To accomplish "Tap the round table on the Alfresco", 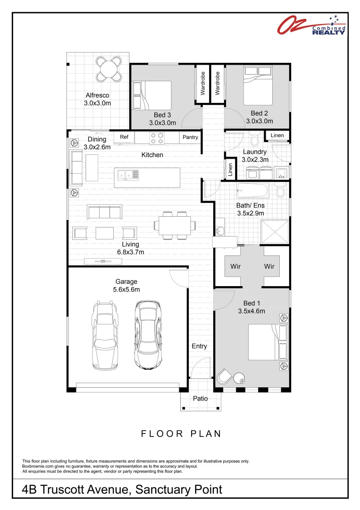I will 109,70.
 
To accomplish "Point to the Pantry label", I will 190,137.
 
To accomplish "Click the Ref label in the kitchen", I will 124,137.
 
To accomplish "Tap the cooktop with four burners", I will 157,138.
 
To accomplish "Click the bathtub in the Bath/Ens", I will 253,192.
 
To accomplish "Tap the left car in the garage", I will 105,335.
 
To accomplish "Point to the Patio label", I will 201,399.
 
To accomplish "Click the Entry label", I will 199,346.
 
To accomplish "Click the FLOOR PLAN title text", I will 181,433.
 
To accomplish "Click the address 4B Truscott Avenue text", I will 122,490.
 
